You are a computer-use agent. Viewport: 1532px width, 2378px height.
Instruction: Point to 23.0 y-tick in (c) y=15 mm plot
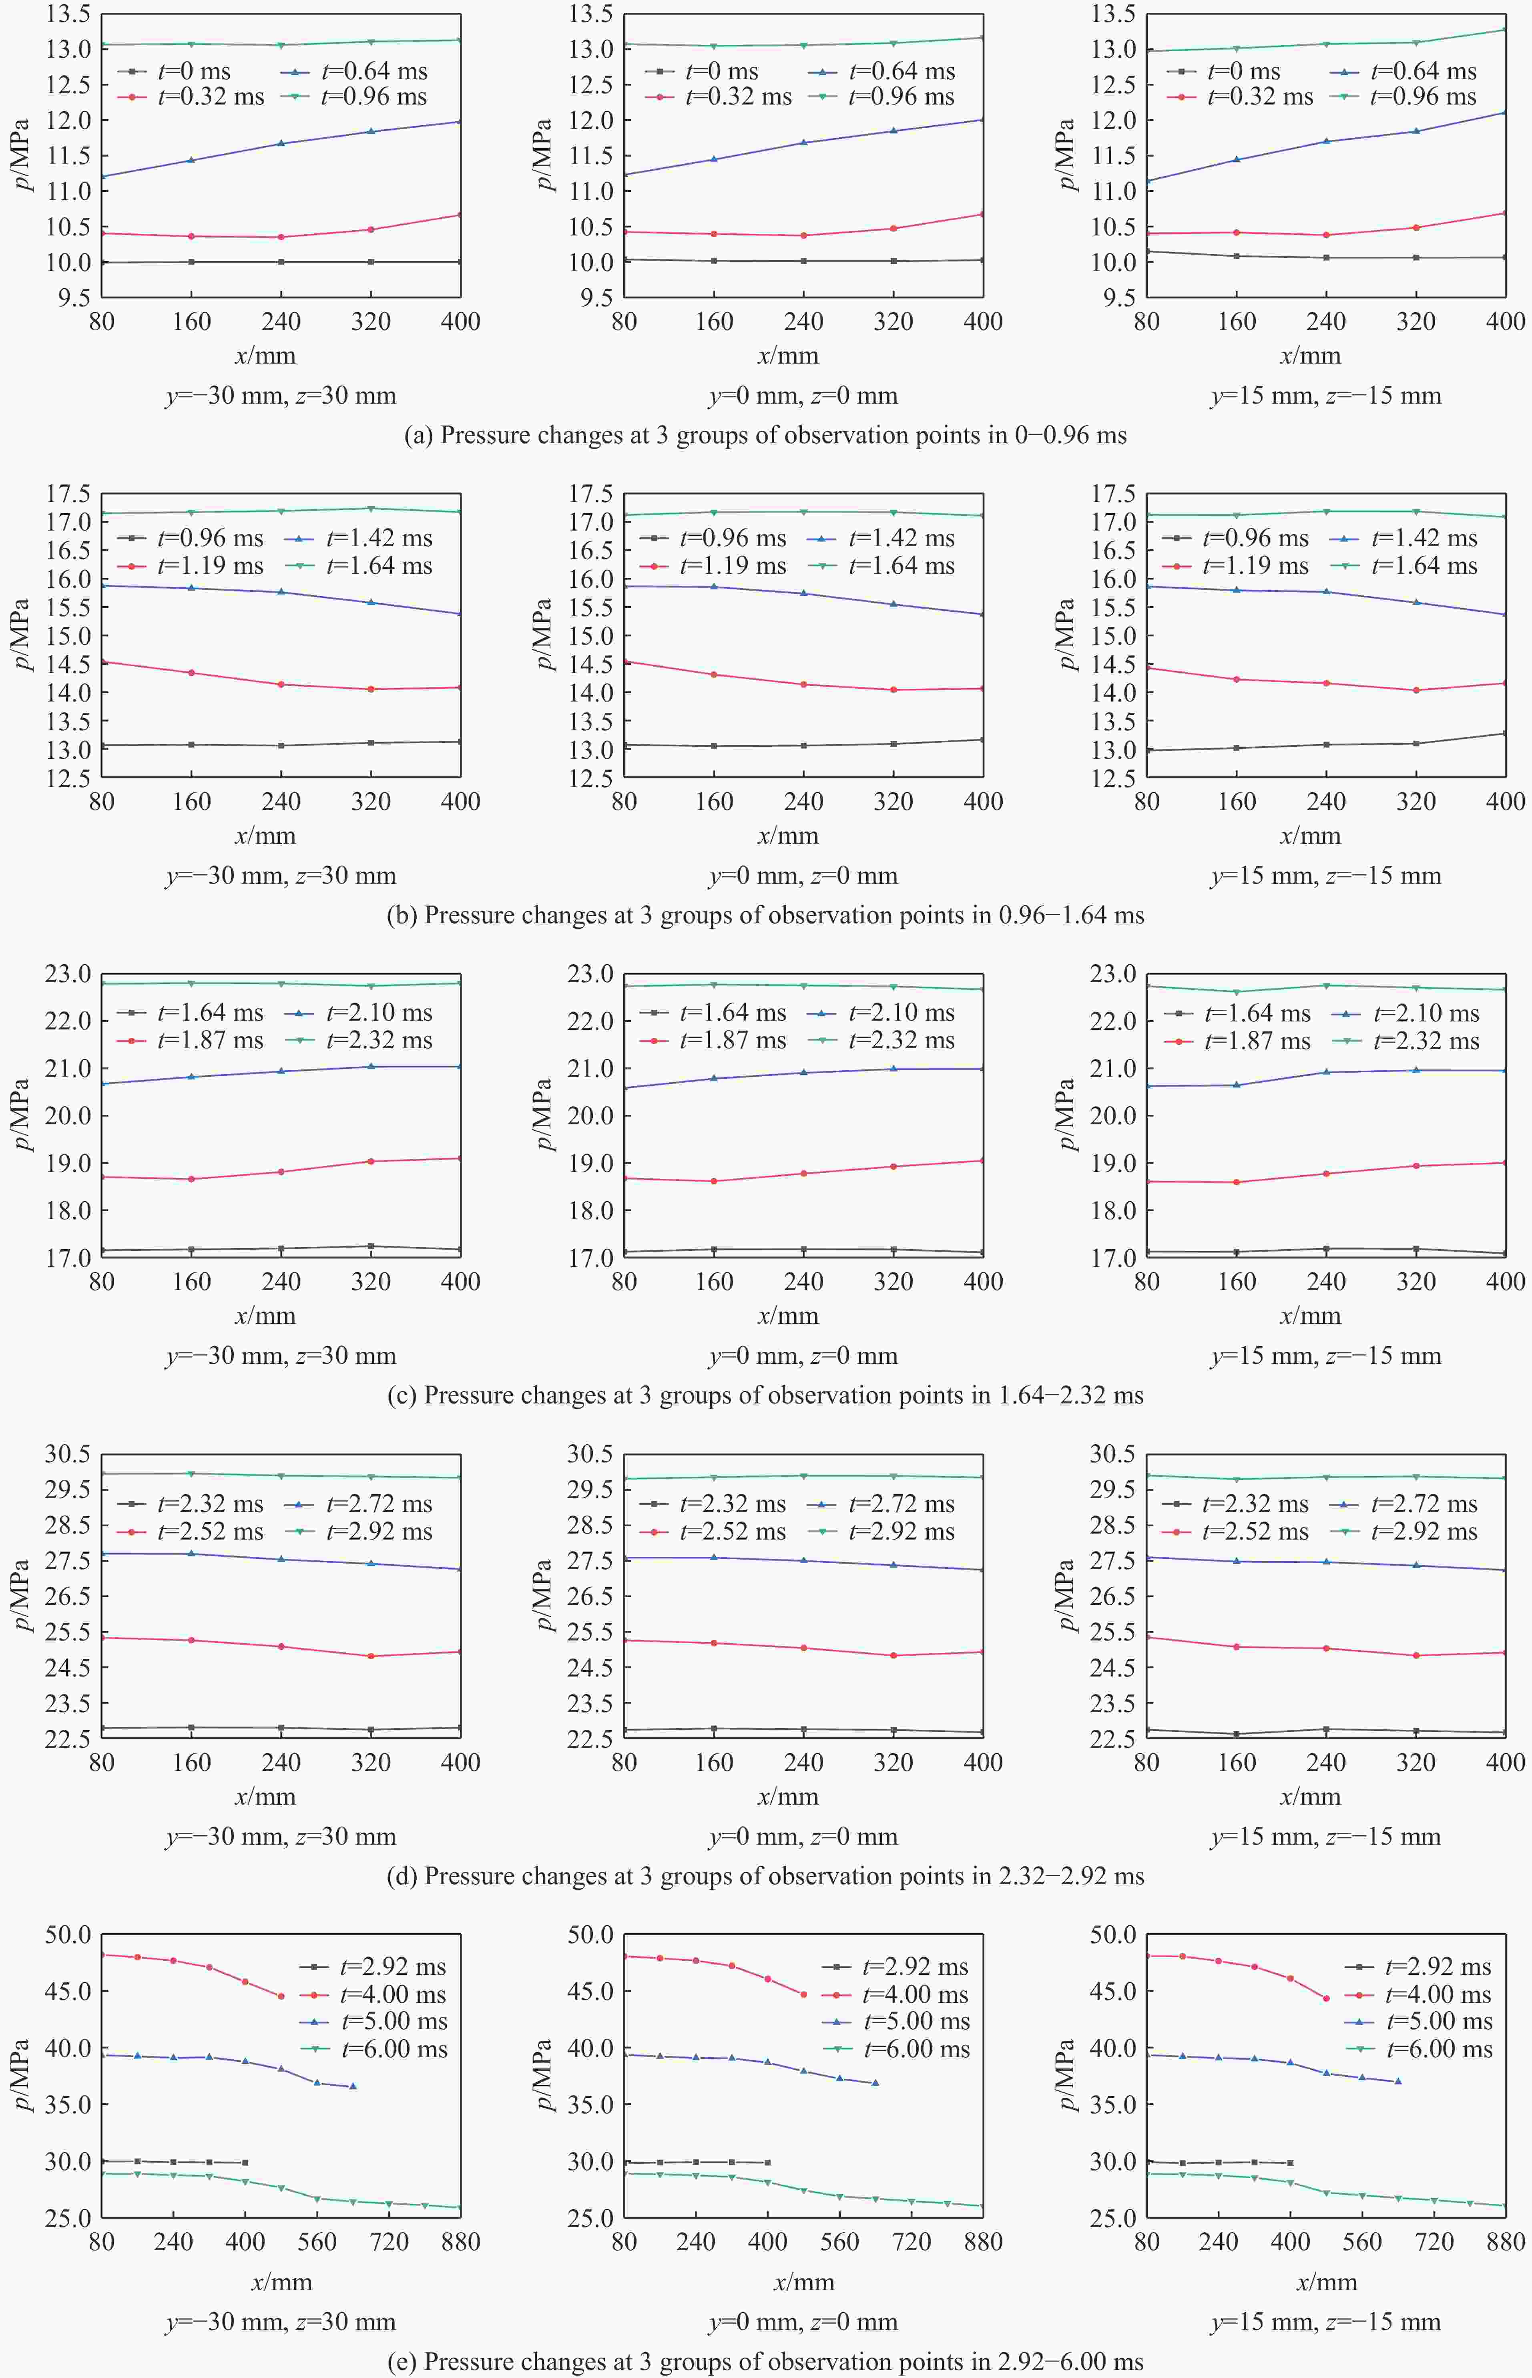[x=1111, y=974]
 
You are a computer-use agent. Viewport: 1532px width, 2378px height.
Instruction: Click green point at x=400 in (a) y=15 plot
[x=1504, y=30]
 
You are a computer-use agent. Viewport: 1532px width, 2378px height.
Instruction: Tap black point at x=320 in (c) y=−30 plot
[x=371, y=1246]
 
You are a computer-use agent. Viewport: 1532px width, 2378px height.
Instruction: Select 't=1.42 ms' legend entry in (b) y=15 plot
[x=1425, y=538]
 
